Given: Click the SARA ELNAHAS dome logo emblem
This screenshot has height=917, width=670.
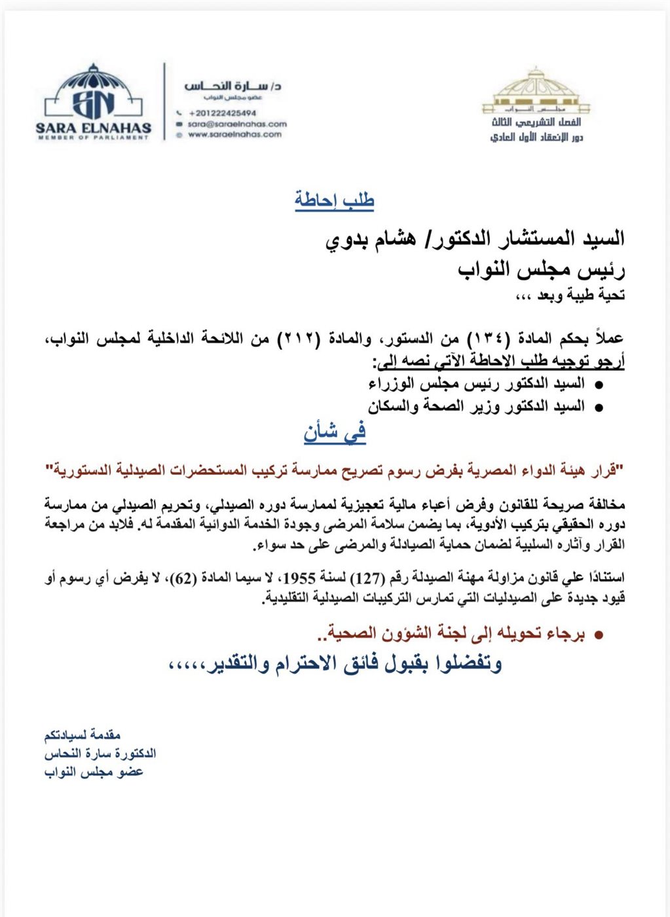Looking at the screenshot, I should coord(93,96).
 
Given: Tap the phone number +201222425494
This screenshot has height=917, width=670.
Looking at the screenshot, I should coord(222,113).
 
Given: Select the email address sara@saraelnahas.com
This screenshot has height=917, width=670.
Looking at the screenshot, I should coord(237,124).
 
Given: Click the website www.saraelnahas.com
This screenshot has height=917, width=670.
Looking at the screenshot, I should coord(234,135).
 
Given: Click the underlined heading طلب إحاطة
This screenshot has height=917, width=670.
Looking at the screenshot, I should coord(334,200).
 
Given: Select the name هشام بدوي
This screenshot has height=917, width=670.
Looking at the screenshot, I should coord(367,238).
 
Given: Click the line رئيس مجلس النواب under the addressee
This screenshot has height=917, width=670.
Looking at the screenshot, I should coord(542,270).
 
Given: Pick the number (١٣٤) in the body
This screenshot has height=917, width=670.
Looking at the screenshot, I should coord(484,339).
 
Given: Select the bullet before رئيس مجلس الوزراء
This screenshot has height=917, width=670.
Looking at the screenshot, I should coord(598,384).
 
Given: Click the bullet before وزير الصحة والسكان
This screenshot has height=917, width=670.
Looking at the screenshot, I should coord(598,407).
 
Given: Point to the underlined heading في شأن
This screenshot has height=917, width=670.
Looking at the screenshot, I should coord(335,433).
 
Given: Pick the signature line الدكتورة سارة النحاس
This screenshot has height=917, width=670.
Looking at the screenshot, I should coord(100,753).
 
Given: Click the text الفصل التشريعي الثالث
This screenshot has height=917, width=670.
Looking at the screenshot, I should coord(536,122).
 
